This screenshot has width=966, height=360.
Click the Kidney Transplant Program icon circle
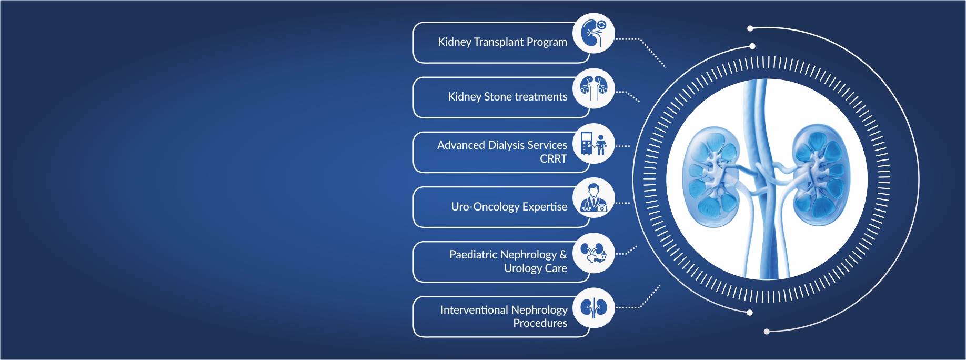[593, 33]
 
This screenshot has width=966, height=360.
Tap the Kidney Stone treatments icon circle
[593, 88]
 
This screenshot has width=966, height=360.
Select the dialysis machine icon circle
[593, 143]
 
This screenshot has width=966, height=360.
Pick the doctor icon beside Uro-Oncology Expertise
[593, 198]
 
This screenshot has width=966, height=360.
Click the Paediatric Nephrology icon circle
[593, 253]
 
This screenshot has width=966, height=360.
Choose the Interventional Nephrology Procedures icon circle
[593, 308]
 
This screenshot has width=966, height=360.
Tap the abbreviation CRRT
[554, 158]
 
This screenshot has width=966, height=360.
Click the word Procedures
[540, 323]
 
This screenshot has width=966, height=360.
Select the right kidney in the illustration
[821, 175]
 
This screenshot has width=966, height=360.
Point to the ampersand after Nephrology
[563, 255]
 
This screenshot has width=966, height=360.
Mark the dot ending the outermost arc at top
[750, 28]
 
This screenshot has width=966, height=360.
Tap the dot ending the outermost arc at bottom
[767, 332]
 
